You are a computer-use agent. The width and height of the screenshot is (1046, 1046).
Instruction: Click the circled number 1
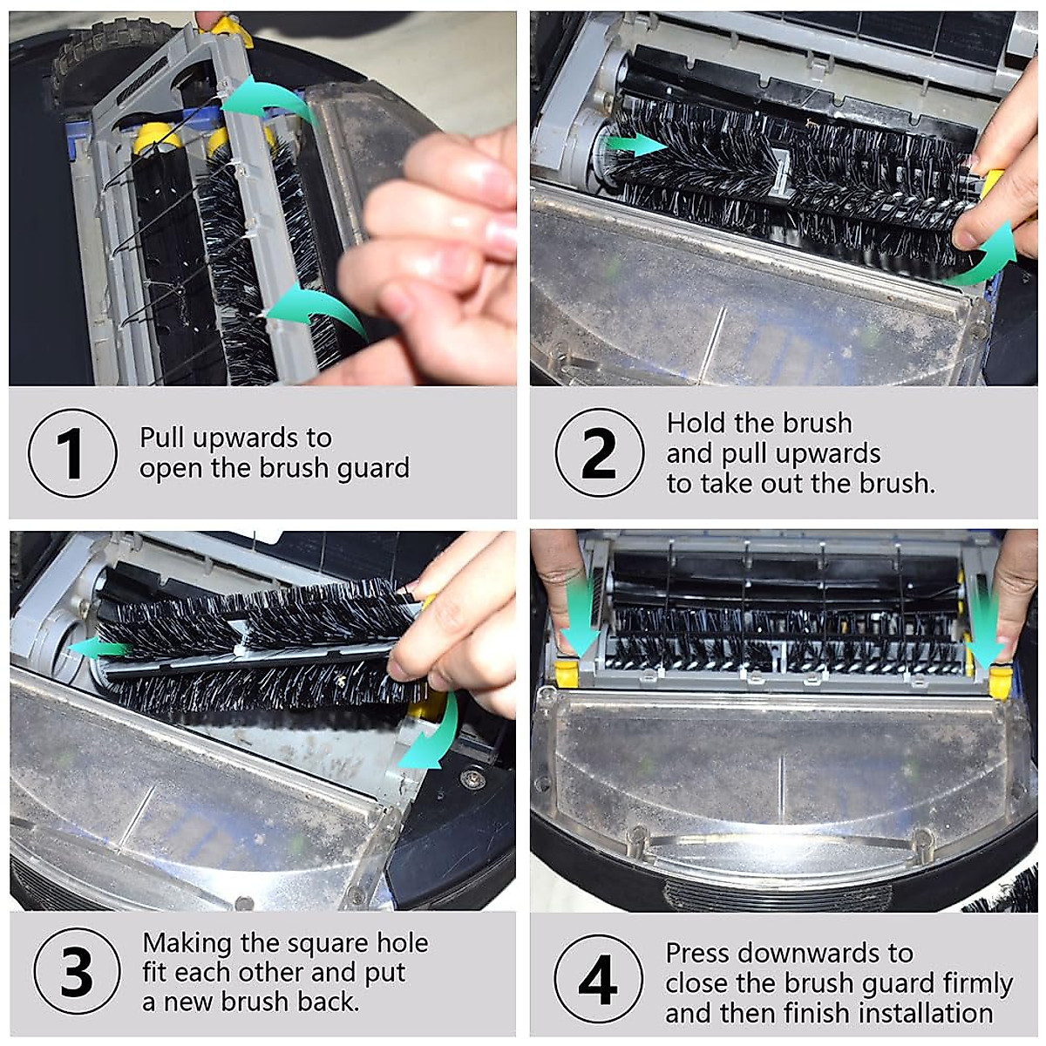(72, 453)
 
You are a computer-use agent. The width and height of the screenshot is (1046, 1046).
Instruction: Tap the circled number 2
(599, 453)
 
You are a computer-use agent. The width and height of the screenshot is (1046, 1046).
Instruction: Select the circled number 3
(77, 971)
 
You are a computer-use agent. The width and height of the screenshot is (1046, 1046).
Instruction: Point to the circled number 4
(598, 980)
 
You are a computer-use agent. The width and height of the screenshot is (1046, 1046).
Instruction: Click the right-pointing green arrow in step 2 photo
(636, 145)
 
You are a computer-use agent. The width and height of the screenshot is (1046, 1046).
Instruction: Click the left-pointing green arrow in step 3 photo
(98, 648)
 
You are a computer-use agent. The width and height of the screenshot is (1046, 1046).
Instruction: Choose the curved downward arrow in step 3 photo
(434, 737)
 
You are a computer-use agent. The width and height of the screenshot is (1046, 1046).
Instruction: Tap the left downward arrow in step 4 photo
(579, 615)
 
